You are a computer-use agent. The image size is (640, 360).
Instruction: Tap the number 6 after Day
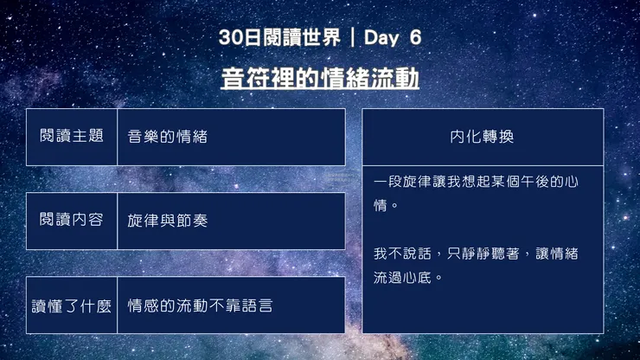(x=415, y=38)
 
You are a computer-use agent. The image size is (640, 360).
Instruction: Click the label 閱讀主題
(x=72, y=137)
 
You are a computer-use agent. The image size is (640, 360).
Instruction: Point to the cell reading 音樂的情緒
(x=168, y=137)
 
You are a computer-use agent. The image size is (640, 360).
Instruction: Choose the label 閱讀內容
(x=72, y=221)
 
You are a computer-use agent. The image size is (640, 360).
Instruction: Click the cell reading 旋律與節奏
(x=168, y=221)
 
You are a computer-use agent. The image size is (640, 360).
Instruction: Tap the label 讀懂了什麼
(x=72, y=305)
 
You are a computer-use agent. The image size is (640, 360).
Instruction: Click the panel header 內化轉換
(x=482, y=137)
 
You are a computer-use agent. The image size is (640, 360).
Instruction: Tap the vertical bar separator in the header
(x=353, y=38)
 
